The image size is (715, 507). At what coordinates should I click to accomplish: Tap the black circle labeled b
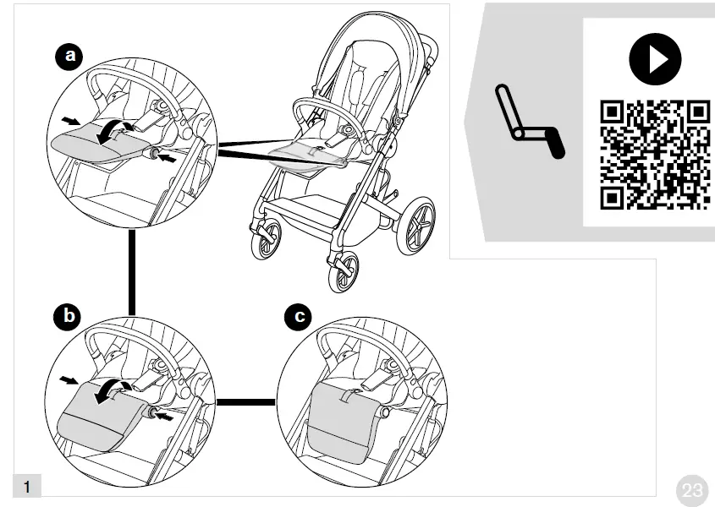click(x=69, y=317)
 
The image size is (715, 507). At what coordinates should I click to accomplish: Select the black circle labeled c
click(x=299, y=317)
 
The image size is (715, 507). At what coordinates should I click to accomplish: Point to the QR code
click(x=654, y=154)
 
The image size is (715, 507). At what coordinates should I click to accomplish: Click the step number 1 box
click(x=28, y=487)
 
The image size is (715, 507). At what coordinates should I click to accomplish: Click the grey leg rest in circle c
click(x=344, y=413)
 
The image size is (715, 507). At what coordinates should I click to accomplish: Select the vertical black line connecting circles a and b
click(x=132, y=271)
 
